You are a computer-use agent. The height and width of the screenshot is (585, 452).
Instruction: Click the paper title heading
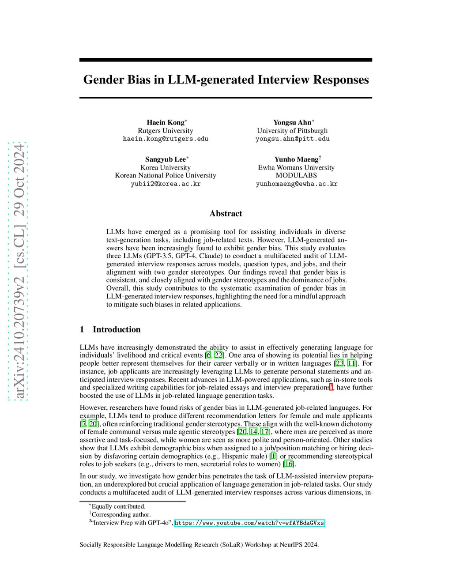(226, 79)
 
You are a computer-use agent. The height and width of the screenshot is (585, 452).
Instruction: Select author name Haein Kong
(166, 122)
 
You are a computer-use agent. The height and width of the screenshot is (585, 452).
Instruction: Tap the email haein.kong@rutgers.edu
(166, 139)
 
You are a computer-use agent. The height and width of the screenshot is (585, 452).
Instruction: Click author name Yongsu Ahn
(292, 122)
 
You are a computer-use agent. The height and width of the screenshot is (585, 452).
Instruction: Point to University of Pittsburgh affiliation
(292, 131)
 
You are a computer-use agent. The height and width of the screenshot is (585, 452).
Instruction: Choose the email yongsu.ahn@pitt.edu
(292, 139)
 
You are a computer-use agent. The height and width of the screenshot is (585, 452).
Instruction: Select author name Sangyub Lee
(166, 159)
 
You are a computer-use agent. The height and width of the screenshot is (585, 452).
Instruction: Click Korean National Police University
(166, 175)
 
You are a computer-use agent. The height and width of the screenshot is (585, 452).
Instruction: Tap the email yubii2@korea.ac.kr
(166, 184)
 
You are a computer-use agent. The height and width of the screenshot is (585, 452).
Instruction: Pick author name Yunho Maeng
(296, 159)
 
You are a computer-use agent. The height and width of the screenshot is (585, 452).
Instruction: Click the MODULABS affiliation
(296, 175)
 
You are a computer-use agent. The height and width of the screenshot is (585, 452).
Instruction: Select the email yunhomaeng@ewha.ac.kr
(296, 184)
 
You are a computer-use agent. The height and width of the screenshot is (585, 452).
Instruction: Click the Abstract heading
(226, 214)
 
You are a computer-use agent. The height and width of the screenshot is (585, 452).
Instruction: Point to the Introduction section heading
(116, 329)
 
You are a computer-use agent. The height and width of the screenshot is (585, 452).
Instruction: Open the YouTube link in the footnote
(249, 523)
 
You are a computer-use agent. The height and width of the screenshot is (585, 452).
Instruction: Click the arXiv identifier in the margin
(19, 272)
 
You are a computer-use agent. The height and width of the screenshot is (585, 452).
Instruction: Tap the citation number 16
(288, 464)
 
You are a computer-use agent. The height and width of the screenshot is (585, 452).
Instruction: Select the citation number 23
(339, 363)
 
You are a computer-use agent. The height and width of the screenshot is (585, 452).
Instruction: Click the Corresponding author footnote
(121, 515)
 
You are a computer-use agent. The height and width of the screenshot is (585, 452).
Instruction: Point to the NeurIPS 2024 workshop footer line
(199, 545)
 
